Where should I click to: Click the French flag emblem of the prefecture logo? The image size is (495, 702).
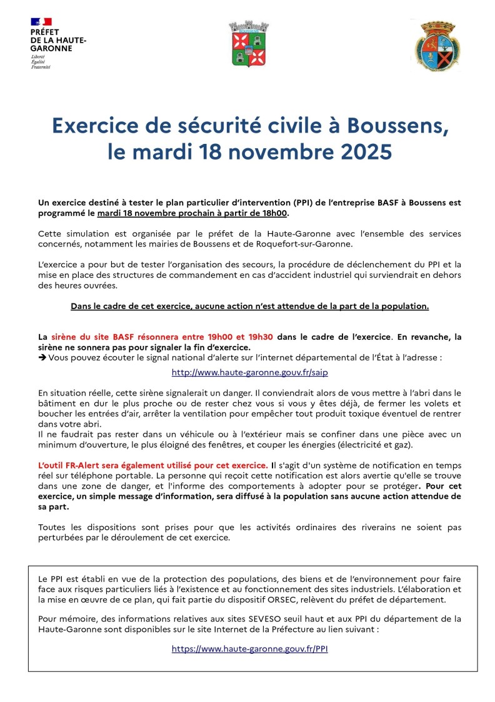(x=41, y=22)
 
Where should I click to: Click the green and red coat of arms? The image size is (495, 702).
(x=241, y=43)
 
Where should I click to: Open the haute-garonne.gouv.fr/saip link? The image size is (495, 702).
(x=249, y=372)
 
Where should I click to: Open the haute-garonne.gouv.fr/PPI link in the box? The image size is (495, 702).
(x=249, y=649)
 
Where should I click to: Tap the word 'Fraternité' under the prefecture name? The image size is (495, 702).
(x=41, y=67)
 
